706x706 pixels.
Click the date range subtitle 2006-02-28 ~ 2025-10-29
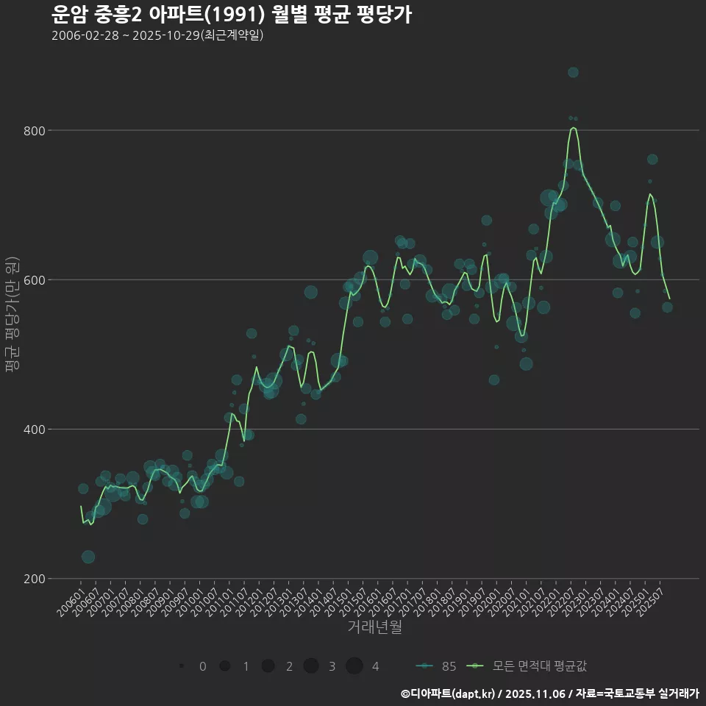(157, 35)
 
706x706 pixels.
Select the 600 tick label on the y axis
(35, 280)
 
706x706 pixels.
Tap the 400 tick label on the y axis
(35, 429)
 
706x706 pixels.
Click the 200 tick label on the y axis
(35, 579)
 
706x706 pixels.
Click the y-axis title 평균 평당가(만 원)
(12, 316)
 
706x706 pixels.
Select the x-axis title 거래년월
(374, 627)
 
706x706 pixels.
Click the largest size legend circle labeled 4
(354, 666)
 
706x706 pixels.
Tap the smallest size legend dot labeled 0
(181, 666)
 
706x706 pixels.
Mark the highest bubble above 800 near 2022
(573, 72)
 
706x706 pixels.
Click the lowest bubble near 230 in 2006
(88, 557)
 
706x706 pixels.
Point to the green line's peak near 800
(574, 128)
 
